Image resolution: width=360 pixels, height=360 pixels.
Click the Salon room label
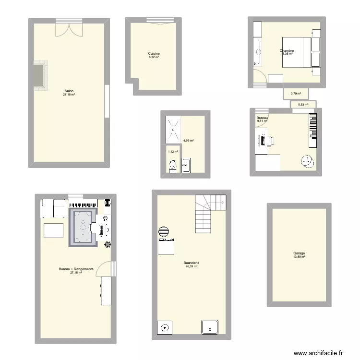click(x=69, y=92)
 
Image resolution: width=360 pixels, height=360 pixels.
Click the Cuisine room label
click(x=154, y=55)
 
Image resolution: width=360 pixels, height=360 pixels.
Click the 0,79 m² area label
click(x=296, y=93)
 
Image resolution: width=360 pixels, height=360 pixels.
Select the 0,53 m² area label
click(x=303, y=105)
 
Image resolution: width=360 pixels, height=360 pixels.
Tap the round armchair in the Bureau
click(x=306, y=161)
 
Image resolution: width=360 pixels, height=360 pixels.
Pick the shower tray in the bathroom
click(x=173, y=130)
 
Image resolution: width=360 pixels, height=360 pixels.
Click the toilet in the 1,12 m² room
click(x=172, y=166)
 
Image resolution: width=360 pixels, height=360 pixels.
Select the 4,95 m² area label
click(x=188, y=141)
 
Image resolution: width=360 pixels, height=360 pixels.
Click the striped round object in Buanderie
click(x=164, y=232)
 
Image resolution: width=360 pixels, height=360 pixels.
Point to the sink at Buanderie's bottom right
click(x=210, y=327)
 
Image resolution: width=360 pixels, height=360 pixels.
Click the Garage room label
click(x=299, y=255)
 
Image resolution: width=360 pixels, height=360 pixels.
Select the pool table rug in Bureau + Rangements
click(x=84, y=226)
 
